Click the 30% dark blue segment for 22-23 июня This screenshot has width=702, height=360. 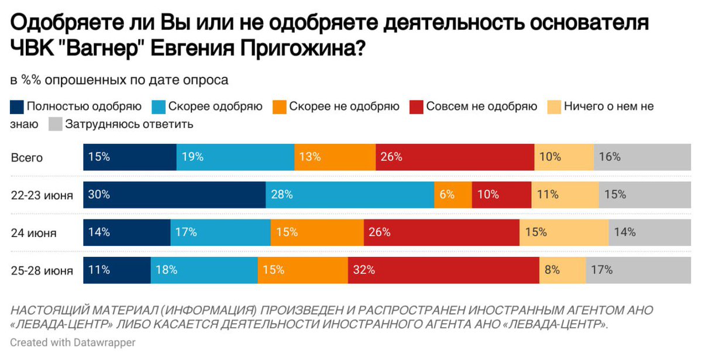tap(174, 195)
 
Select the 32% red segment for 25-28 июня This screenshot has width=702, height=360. tap(443, 270)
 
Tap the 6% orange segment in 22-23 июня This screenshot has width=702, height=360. tap(452, 195)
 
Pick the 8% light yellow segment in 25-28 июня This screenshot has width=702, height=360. tap(562, 270)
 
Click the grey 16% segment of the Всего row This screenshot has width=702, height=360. tap(642, 157)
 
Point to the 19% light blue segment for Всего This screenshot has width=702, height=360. tap(235, 157)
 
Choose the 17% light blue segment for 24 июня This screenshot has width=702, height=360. tap(220, 232)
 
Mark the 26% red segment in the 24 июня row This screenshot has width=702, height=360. tap(441, 232)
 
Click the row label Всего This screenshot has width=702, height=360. tap(27, 157)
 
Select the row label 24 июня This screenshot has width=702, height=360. tap(33, 233)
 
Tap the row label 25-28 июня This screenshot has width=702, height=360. tap(42, 270)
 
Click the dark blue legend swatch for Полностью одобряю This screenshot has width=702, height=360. tap(17, 107)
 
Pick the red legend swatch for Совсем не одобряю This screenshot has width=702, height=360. tap(416, 107)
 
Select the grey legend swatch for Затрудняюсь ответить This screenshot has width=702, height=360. tap(55, 124)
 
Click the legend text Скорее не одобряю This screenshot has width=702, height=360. tap(344, 107)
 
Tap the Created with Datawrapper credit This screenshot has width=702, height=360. tap(73, 342)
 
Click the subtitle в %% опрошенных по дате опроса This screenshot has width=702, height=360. tap(119, 80)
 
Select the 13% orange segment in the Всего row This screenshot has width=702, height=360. tap(335, 157)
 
